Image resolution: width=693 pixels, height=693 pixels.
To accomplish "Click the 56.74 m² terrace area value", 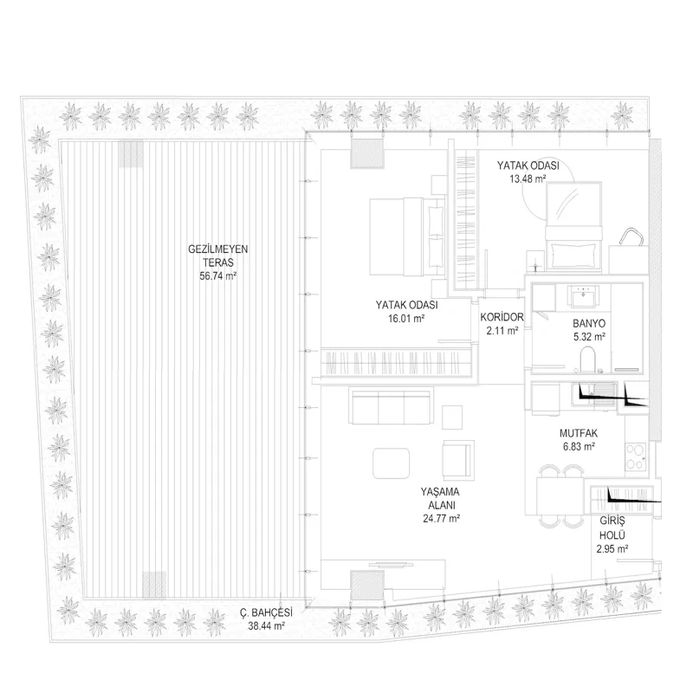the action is (x=218, y=276).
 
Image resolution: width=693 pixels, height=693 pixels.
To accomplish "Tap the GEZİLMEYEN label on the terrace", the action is (x=218, y=249).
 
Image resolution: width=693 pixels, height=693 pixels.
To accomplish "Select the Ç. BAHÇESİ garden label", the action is (x=266, y=613).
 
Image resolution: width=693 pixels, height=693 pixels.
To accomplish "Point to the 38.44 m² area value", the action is (x=266, y=625).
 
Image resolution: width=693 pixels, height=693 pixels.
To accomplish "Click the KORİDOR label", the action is (x=502, y=317).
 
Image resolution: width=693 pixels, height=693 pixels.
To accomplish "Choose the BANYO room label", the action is (x=589, y=323).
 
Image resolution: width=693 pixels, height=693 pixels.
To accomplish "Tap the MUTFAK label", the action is (x=579, y=433).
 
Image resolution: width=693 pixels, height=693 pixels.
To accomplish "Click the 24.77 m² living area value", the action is (x=441, y=518).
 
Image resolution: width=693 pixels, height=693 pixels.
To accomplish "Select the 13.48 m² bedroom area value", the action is (x=528, y=179).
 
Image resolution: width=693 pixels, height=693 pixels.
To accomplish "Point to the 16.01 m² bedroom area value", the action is (x=406, y=318).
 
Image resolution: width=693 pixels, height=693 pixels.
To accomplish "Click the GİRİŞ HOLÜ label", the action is (x=612, y=528).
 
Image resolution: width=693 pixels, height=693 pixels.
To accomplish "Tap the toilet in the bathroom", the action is (x=588, y=359).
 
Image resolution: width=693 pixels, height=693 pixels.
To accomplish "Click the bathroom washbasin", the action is (x=586, y=296).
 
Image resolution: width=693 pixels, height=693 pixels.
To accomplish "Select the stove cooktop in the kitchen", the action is (x=636, y=457).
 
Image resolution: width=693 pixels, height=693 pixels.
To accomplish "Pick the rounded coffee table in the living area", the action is (x=391, y=463).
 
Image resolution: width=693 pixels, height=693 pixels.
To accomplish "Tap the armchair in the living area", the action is (x=458, y=460).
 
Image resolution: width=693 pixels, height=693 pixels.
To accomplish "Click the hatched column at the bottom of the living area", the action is (x=366, y=586).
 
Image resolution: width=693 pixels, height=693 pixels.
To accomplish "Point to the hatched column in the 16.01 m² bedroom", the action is (x=366, y=153).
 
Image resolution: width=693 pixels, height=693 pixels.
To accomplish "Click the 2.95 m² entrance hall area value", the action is (x=612, y=549).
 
